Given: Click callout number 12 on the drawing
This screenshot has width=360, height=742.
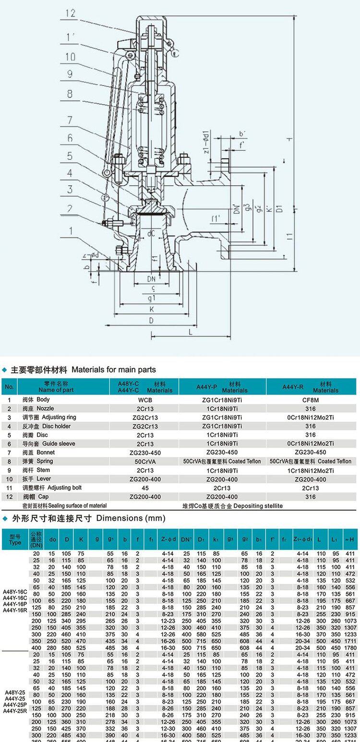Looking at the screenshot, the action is (71, 13).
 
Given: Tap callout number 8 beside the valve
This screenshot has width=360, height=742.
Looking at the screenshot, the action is (70, 94).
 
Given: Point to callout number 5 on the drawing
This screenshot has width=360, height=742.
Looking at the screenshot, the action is (70, 156).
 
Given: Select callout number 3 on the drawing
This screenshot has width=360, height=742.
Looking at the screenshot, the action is (70, 189).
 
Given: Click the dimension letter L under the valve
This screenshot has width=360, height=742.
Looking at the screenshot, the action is (190, 332).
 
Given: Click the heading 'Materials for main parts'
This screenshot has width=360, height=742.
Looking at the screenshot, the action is (114, 370).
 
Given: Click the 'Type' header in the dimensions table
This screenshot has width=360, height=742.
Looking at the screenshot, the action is (15, 542).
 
